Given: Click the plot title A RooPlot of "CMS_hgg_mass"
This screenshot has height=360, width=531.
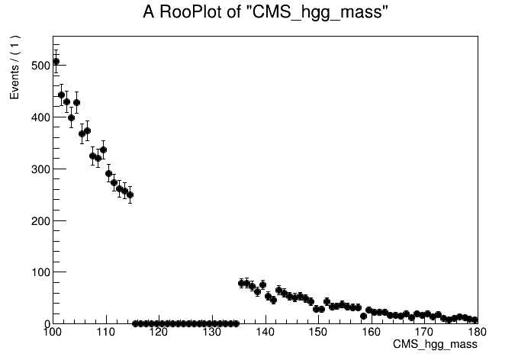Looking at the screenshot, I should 266,13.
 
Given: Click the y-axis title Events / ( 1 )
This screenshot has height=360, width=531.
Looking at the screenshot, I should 14,68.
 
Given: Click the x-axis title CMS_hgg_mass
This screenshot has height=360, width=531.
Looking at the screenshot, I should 435,346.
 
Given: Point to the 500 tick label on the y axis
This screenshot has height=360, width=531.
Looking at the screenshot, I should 39,66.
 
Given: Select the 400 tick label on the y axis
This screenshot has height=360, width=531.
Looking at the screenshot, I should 39,117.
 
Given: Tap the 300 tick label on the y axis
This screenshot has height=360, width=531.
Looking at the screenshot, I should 39,169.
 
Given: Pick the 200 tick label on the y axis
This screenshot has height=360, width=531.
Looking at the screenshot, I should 39,221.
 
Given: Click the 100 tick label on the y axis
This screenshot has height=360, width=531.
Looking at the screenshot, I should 39,272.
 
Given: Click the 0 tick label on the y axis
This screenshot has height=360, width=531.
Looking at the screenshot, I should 45,324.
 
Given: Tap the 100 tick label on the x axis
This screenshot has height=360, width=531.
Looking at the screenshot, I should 52,333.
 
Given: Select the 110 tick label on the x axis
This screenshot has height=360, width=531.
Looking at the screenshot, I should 105,333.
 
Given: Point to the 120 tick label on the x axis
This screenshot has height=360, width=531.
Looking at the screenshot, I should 159,333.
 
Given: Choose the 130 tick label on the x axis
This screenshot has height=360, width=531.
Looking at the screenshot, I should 211,333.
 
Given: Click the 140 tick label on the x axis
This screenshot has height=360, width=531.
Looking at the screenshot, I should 265,333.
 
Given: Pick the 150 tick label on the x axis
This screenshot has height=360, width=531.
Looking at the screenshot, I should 318,333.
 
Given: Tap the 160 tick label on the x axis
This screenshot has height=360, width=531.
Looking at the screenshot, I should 372,333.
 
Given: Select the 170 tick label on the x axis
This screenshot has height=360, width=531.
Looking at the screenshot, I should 424,333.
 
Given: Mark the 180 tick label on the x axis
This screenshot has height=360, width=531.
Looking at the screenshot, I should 477,333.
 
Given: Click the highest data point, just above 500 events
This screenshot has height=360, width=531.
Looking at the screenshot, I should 56,61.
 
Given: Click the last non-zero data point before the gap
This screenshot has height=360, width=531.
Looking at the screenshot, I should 130,194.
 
